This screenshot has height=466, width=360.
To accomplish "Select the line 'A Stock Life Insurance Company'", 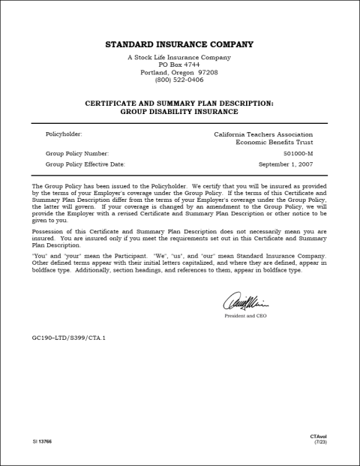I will (x=179, y=58).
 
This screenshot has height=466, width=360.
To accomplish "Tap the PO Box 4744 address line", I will (x=179, y=65).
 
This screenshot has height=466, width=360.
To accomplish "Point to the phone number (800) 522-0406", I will (x=179, y=80).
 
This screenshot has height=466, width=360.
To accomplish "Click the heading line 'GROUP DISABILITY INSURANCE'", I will (x=179, y=111).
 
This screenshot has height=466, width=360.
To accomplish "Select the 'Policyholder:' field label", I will (x=64, y=134).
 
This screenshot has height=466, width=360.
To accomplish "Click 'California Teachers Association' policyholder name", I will (x=263, y=134).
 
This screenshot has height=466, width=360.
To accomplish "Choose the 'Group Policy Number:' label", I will (x=76, y=152).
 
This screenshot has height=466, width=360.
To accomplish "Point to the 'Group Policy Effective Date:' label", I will (x=85, y=164).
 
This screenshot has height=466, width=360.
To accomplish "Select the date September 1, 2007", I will (x=286, y=164).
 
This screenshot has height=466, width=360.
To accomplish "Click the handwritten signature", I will (x=245, y=302).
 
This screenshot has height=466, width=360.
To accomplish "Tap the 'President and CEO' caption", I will (x=245, y=316).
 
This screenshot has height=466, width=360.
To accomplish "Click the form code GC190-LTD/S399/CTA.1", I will (x=69, y=338).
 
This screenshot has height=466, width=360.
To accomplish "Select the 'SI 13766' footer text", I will (x=42, y=441).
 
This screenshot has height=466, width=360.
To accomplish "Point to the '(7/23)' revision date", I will (x=320, y=443).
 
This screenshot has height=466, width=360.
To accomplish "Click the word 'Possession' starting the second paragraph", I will (x=49, y=233).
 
